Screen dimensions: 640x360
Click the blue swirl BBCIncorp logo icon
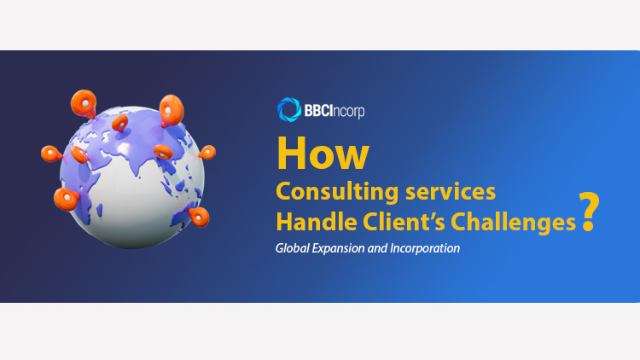(289, 109)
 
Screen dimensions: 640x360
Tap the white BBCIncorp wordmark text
(335, 111)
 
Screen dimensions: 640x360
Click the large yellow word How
(323, 154)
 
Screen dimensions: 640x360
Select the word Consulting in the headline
(337, 192)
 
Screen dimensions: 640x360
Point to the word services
(451, 191)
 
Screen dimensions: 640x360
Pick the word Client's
(404, 222)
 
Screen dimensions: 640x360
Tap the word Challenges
(513, 223)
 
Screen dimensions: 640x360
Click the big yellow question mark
(589, 212)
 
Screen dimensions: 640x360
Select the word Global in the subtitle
(292, 248)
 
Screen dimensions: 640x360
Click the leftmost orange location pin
(51, 154)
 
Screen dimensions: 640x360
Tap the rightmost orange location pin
(207, 152)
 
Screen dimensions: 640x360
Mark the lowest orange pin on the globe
(199, 217)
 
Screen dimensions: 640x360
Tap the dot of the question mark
(589, 227)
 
